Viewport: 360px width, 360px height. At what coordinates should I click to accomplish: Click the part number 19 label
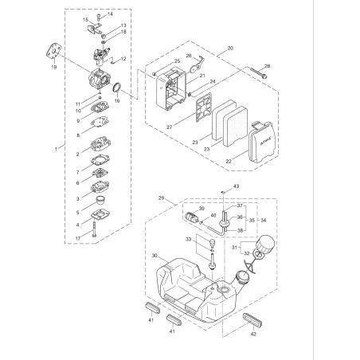54,68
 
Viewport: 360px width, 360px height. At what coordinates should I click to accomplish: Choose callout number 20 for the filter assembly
230,49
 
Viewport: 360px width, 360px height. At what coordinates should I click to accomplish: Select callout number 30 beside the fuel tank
154,256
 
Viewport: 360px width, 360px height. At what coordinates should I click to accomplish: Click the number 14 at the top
110,14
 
